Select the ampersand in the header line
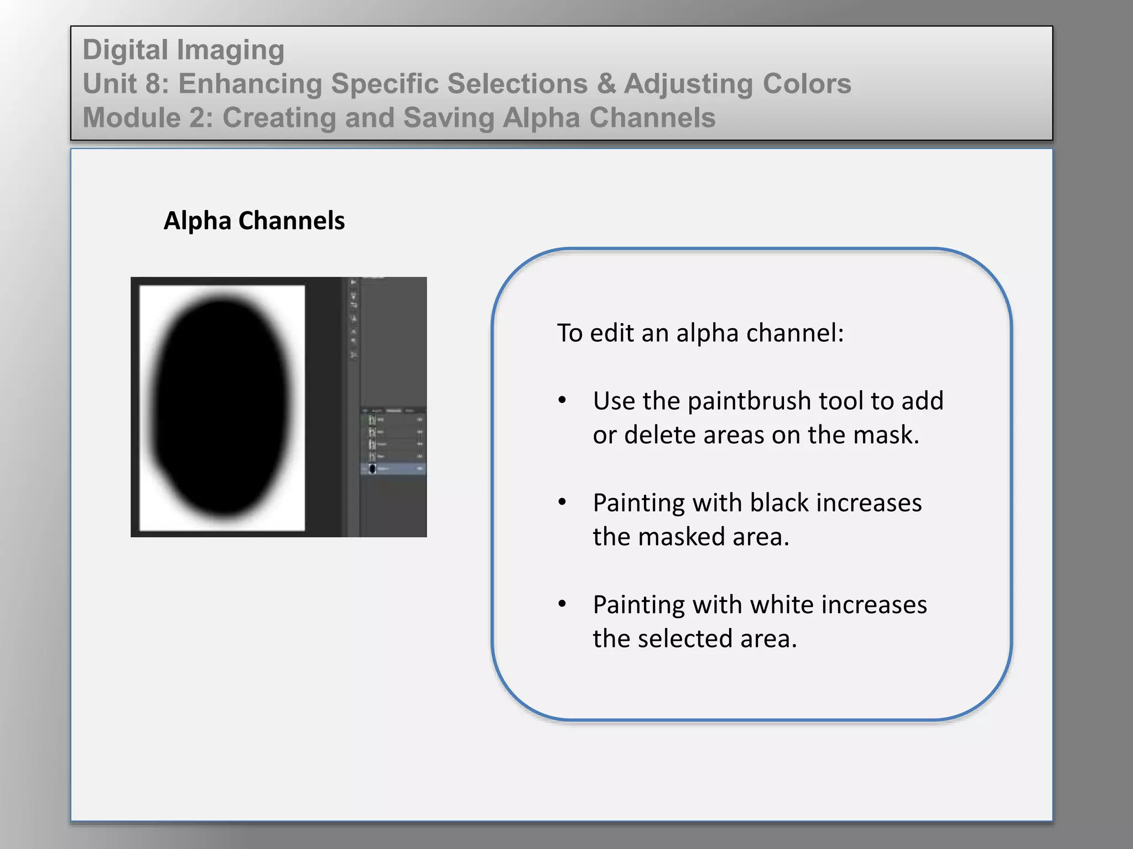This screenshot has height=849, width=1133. pyautogui.click(x=606, y=84)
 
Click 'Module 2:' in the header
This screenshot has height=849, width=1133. pyautogui.click(x=148, y=118)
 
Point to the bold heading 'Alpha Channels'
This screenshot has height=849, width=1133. pyautogui.click(x=254, y=221)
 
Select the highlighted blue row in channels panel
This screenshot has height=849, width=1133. pyautogui.click(x=393, y=469)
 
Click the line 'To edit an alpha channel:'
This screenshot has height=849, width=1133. pyautogui.click(x=700, y=333)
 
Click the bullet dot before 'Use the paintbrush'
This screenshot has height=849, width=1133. pyautogui.click(x=562, y=400)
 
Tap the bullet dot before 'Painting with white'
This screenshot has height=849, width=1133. pyautogui.click(x=562, y=604)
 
